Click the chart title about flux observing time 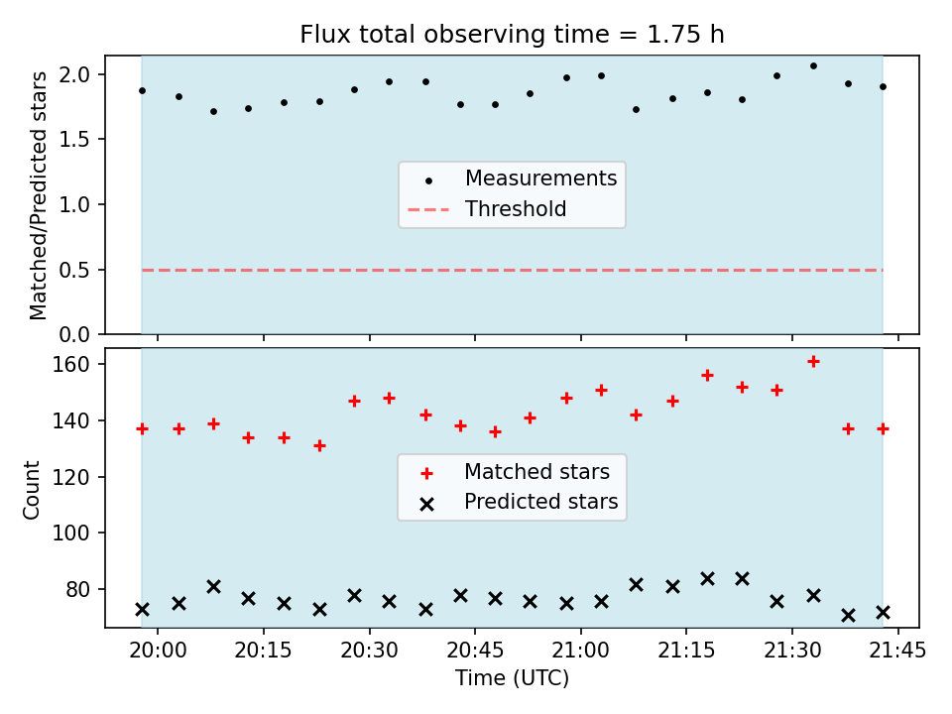(x=512, y=34)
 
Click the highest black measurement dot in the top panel (x=813, y=65)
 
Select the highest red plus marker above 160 (x=813, y=361)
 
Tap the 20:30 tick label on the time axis (x=369, y=651)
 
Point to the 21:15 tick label (x=686, y=651)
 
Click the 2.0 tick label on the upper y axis (x=74, y=74)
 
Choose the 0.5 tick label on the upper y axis (x=74, y=270)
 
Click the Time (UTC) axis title (x=512, y=677)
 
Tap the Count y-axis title (x=31, y=489)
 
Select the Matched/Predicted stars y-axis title (x=38, y=195)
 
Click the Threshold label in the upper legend (x=516, y=209)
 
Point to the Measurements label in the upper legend (x=541, y=178)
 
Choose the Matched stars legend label (x=536, y=471)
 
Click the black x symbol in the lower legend (x=426, y=504)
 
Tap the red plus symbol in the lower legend (x=426, y=474)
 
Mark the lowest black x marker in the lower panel (x=848, y=615)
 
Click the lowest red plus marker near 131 (x=320, y=445)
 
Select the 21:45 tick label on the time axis (x=897, y=651)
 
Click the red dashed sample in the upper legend (x=428, y=210)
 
